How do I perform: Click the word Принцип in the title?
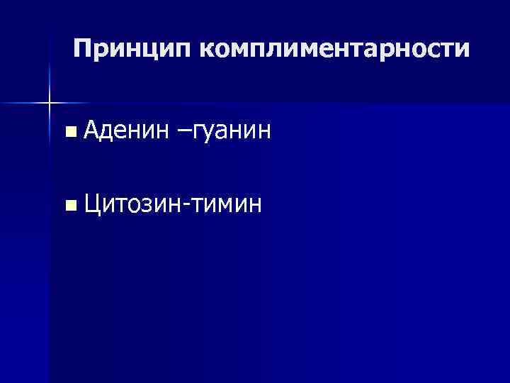(x=132, y=49)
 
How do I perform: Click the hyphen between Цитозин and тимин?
(x=187, y=206)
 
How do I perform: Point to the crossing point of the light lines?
(x=50, y=104)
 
